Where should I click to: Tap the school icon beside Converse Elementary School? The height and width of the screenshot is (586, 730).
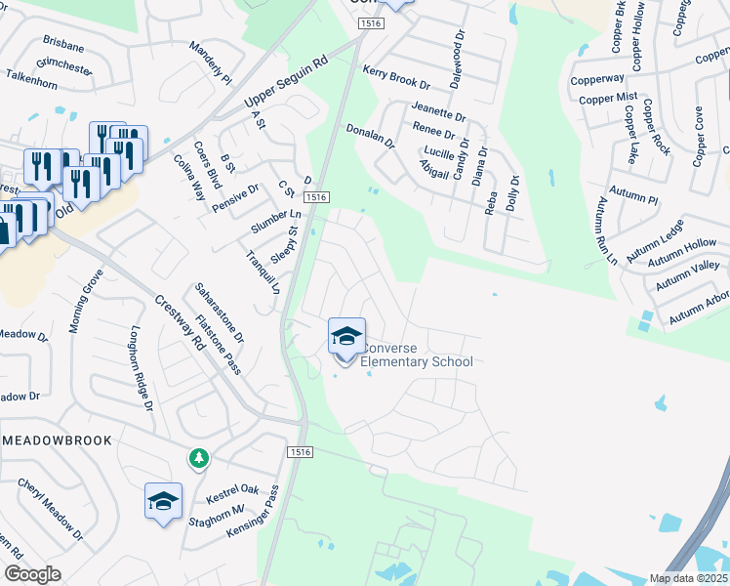pyautogui.click(x=345, y=337)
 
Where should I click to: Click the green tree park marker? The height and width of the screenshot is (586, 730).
pyautogui.click(x=199, y=457)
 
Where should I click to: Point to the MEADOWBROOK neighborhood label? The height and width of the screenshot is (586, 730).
pyautogui.click(x=57, y=441)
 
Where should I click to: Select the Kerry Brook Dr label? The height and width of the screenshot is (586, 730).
pyautogui.click(x=396, y=78)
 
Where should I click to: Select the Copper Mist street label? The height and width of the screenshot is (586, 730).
pyautogui.click(x=607, y=99)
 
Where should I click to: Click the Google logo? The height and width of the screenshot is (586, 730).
pyautogui.click(x=32, y=574)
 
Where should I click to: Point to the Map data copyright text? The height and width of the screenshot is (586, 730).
pyautogui.click(x=689, y=578)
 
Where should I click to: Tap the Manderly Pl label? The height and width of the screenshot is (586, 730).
pyautogui.click(x=210, y=63)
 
